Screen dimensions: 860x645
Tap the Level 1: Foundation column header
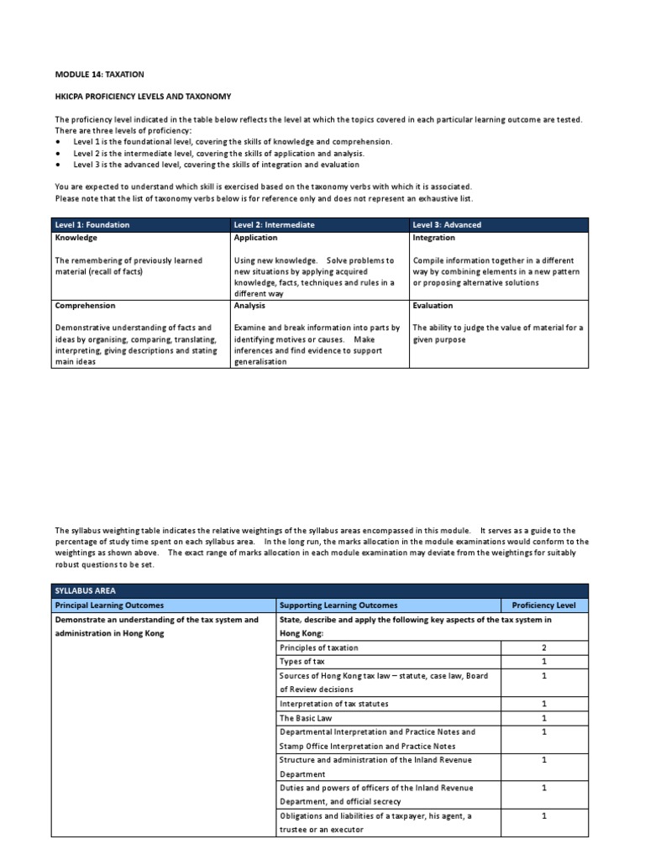(92, 225)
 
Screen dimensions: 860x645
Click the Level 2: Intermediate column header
(275, 225)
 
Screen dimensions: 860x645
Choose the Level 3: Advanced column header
(447, 225)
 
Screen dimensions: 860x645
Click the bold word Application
(255, 238)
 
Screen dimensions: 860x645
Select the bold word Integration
(433, 238)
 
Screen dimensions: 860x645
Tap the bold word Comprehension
(86, 306)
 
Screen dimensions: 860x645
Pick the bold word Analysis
(250, 306)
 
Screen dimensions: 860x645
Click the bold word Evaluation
(433, 306)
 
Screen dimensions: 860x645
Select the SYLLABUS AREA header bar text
(82, 590)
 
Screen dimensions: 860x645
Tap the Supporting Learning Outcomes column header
(338, 605)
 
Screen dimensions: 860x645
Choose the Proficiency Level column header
(544, 605)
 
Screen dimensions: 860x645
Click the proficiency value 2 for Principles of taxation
(544, 648)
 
